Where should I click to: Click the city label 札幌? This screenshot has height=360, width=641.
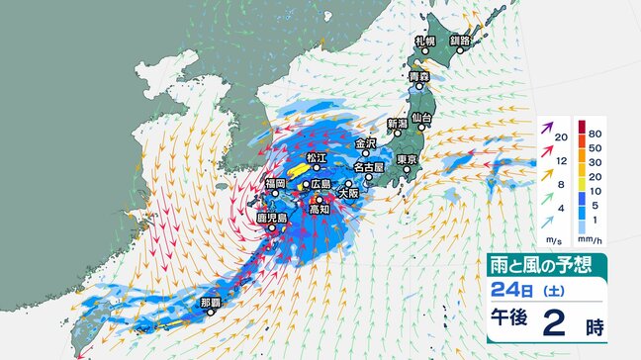(425, 41)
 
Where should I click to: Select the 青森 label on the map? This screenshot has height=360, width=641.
(419, 76)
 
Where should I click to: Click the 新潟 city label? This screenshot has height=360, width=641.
(398, 124)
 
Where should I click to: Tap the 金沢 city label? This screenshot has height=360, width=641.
(365, 143)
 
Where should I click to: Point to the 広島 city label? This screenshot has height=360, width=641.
(319, 185)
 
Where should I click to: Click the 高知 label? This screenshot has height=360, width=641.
(318, 210)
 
